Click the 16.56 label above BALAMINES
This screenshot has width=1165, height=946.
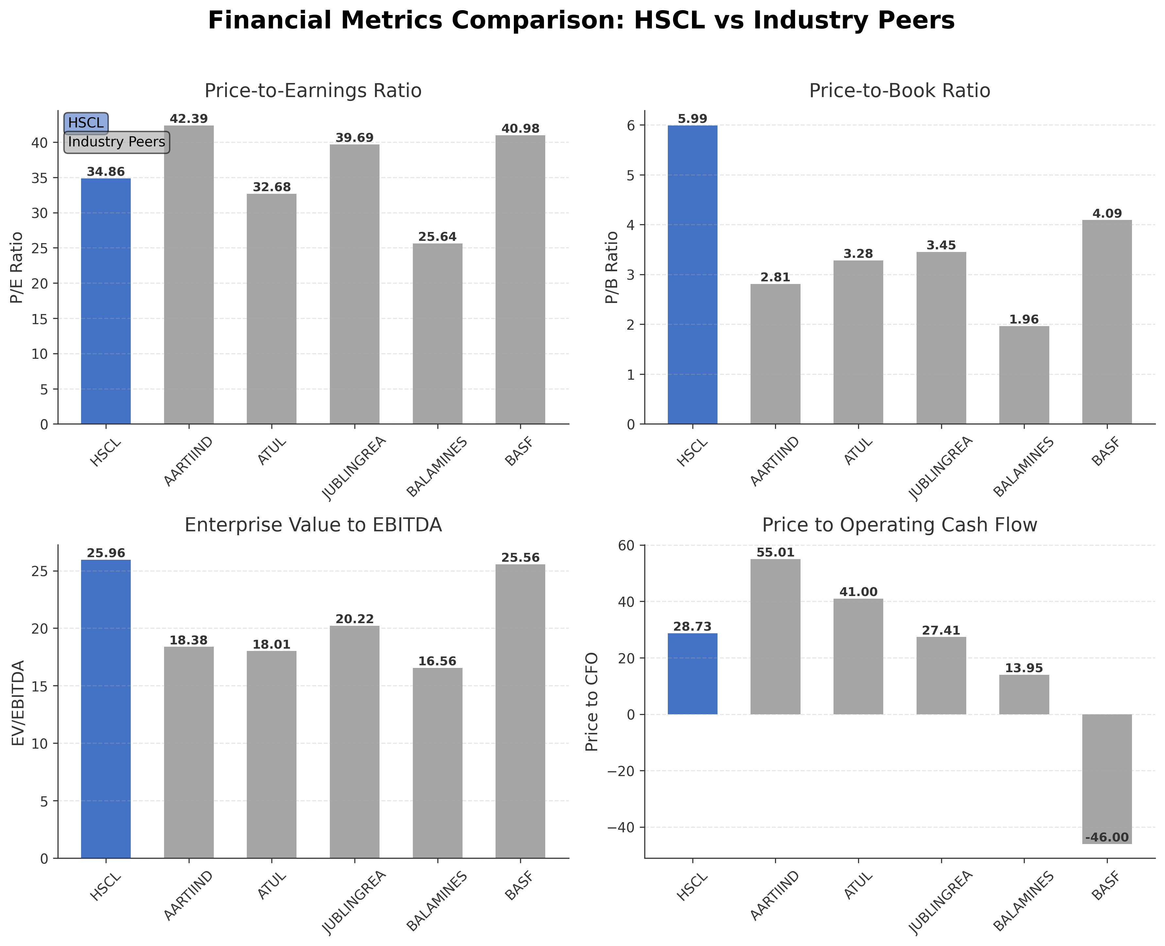[437, 661]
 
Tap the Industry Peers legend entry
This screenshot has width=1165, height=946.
[117, 142]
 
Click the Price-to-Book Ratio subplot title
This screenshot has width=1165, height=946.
[900, 91]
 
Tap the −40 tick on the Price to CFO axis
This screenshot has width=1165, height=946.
[626, 827]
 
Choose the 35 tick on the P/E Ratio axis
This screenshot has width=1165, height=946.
[39, 178]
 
